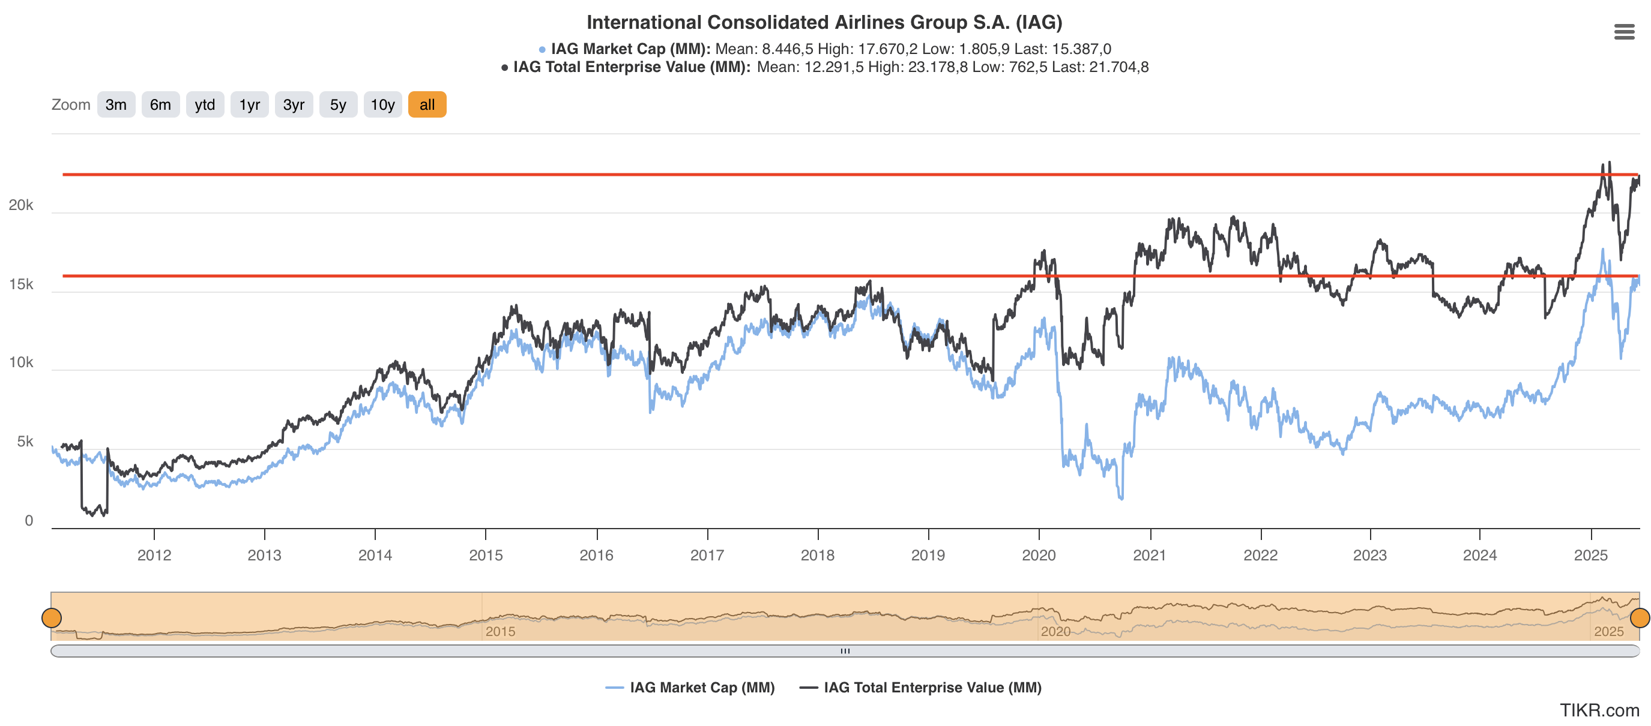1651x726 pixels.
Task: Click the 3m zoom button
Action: point(116,104)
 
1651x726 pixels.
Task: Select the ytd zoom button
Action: point(205,104)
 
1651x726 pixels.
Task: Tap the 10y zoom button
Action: point(382,104)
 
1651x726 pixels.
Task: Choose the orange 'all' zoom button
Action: point(427,104)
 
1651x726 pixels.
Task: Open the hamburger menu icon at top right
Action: point(1623,31)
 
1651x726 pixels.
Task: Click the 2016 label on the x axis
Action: point(596,555)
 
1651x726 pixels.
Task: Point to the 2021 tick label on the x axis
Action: point(1149,555)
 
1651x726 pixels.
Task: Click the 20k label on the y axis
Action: point(20,205)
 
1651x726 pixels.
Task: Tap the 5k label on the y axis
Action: point(25,442)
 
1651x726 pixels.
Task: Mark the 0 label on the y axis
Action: point(29,520)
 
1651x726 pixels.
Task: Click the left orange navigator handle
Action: point(51,618)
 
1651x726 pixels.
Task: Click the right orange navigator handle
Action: point(1639,618)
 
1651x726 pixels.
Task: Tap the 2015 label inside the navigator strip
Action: point(500,631)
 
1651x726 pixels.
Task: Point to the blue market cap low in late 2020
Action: point(1120,498)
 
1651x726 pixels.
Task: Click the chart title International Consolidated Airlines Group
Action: point(824,22)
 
